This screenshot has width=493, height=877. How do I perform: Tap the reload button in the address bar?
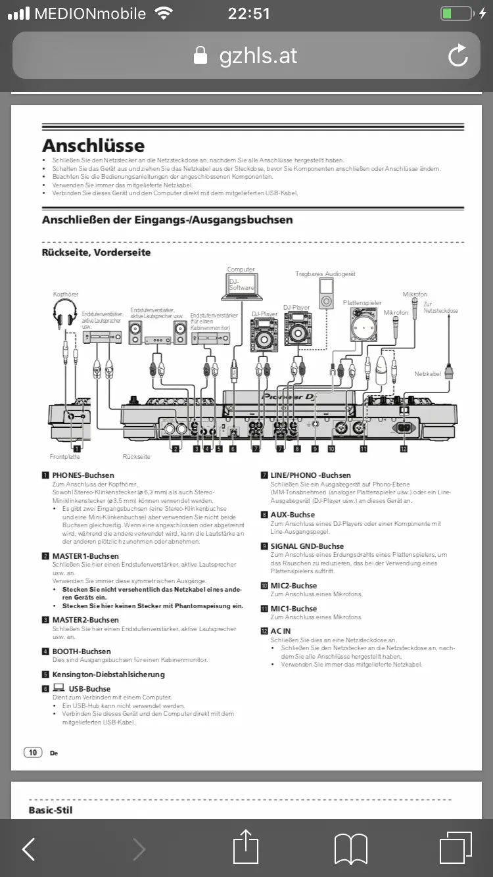458,56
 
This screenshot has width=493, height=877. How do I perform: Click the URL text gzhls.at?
258,56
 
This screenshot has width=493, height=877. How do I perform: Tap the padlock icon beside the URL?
200,56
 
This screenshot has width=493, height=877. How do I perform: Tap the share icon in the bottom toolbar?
246,847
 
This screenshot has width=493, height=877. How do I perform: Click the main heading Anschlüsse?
93,145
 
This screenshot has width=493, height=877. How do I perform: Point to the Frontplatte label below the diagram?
64,456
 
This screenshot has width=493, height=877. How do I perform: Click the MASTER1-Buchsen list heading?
85,556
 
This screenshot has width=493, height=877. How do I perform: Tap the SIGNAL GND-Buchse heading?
307,546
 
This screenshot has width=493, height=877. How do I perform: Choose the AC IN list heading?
280,631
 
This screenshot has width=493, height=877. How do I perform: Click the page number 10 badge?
33,752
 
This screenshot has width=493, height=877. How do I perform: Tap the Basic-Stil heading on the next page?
51,810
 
